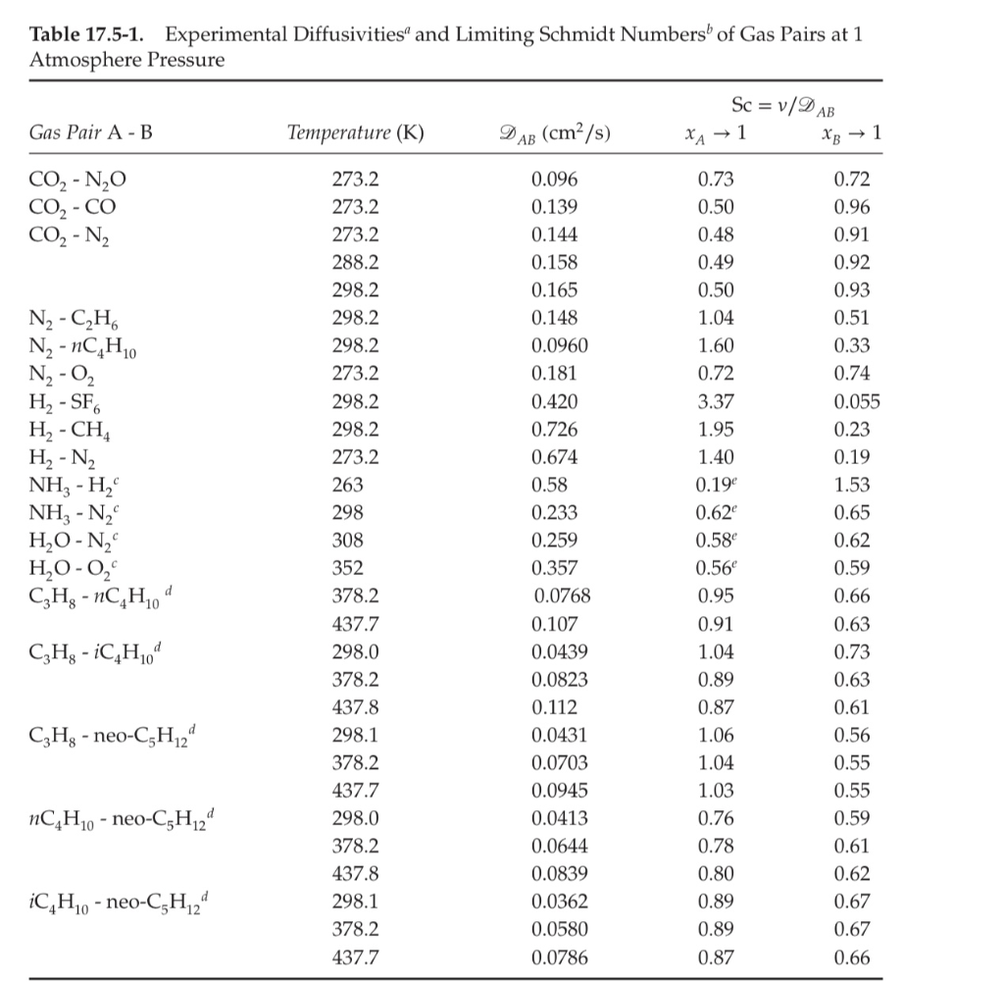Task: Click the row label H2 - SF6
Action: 72,402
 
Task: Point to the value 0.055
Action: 857,402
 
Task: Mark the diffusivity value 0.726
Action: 554,430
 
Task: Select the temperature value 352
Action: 348,568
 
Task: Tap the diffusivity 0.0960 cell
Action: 558,346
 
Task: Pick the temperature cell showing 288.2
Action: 357,263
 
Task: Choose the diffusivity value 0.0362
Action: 558,902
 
